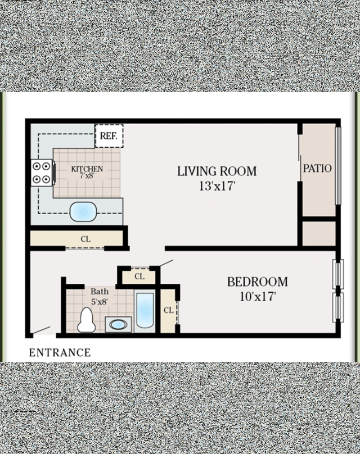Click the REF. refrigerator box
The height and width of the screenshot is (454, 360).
pyautogui.click(x=109, y=136)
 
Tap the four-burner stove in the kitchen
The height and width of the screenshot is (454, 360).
pyautogui.click(x=42, y=172)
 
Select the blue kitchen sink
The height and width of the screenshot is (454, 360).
pyautogui.click(x=83, y=212)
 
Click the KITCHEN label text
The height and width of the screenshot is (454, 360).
pyautogui.click(x=87, y=169)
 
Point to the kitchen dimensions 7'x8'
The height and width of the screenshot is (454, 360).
pyautogui.click(x=87, y=175)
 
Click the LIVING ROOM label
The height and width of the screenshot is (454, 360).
pyautogui.click(x=217, y=171)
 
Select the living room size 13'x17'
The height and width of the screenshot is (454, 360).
pyautogui.click(x=217, y=186)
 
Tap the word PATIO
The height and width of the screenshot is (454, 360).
pyautogui.click(x=317, y=168)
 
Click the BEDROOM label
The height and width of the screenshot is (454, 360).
pyautogui.click(x=258, y=282)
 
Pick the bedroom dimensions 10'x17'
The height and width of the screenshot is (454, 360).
pyautogui.click(x=258, y=297)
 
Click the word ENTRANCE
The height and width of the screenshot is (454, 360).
pyautogui.click(x=60, y=353)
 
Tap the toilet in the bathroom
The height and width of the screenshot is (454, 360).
pyautogui.click(x=87, y=320)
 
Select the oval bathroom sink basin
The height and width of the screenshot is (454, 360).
pyautogui.click(x=118, y=325)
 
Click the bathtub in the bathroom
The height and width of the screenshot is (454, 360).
pyautogui.click(x=145, y=310)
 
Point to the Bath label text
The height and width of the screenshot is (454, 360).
pyautogui.click(x=100, y=291)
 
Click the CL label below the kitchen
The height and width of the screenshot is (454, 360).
pyautogui.click(x=85, y=239)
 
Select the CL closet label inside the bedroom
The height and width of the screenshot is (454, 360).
pyautogui.click(x=169, y=310)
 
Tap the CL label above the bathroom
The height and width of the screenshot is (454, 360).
pyautogui.click(x=139, y=277)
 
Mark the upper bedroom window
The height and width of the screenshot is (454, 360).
pyautogui.click(x=338, y=274)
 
